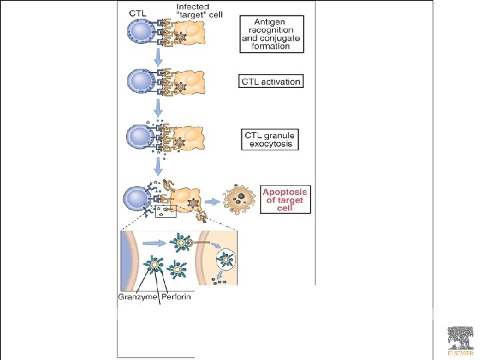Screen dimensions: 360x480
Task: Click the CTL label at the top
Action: click(137, 12)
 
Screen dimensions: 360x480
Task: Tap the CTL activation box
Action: click(271, 82)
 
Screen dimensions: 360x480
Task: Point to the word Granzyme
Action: click(136, 297)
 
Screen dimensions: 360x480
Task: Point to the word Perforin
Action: click(176, 297)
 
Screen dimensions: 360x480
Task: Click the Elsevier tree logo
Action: click(459, 339)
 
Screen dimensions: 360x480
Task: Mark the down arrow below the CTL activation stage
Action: click(159, 109)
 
